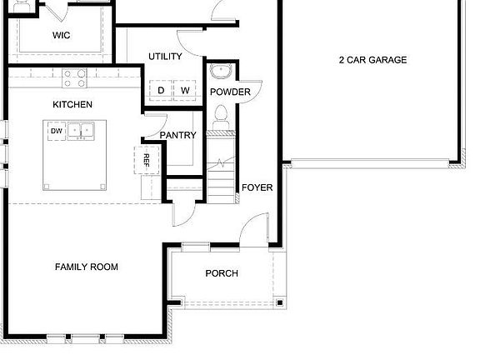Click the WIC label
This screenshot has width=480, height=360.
click(x=61, y=35)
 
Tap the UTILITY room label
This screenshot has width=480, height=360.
click(x=165, y=56)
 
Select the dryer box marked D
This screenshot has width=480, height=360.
click(x=161, y=90)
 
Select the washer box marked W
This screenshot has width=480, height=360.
click(x=185, y=90)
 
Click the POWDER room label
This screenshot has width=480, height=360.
click(x=230, y=92)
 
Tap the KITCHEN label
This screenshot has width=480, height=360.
click(x=72, y=104)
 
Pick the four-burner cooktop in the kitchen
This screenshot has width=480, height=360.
click(x=73, y=78)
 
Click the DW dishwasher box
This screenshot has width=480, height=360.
click(x=56, y=131)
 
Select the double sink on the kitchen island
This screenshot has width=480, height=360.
click(x=81, y=131)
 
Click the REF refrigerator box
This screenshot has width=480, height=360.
click(x=145, y=159)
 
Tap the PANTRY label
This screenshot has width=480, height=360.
click(x=177, y=135)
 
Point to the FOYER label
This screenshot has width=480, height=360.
click(x=257, y=187)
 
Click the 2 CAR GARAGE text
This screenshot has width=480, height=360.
click(x=372, y=60)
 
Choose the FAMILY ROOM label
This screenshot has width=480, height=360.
click(x=86, y=267)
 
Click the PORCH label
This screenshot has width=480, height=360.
click(x=222, y=273)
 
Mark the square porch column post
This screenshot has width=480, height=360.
click(x=280, y=302)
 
